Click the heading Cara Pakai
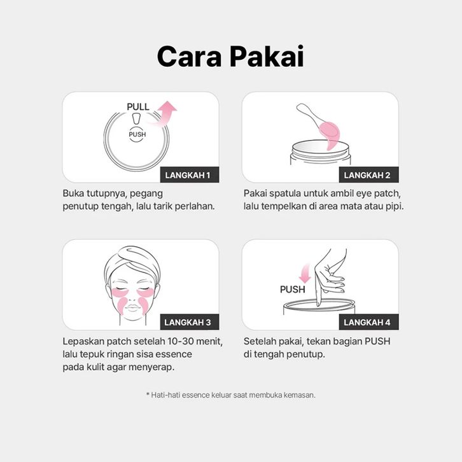[230, 56]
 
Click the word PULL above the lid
[138, 107]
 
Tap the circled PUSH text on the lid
[137, 134]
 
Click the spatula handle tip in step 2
[300, 107]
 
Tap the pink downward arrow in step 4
[305, 274]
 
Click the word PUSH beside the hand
[292, 290]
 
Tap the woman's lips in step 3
[132, 308]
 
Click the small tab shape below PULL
[136, 119]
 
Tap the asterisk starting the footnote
[148, 394]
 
